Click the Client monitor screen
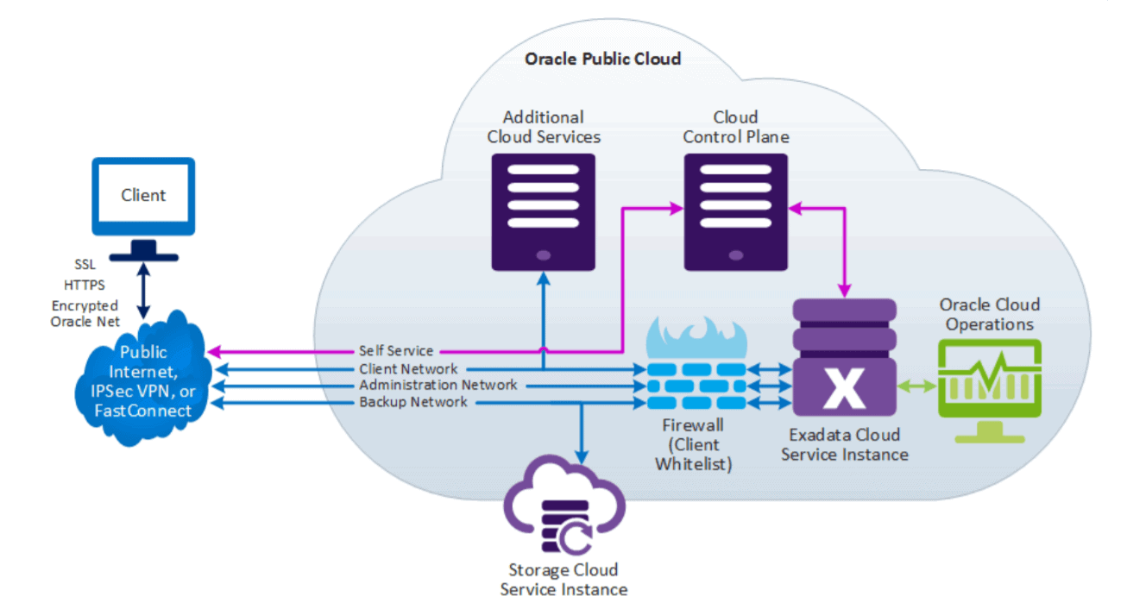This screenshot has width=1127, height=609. [143, 196]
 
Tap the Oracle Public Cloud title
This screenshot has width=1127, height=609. [602, 59]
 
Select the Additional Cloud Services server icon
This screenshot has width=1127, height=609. [543, 211]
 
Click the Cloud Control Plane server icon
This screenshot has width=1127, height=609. [735, 211]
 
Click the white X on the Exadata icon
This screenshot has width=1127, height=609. [843, 389]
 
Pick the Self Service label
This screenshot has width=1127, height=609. [396, 351]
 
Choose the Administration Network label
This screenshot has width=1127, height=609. [438, 386]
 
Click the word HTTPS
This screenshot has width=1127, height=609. [85, 284]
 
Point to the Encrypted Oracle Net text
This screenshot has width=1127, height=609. [85, 314]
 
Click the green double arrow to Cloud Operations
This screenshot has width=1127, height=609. [916, 386]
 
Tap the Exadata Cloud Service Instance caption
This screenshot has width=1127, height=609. [844, 444]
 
